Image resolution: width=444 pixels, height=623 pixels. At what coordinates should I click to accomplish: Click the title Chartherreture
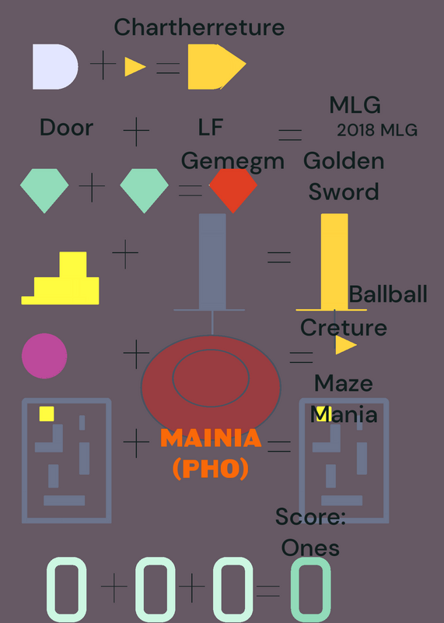pos(199,27)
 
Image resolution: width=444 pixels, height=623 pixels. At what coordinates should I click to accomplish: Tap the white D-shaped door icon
pos(55,67)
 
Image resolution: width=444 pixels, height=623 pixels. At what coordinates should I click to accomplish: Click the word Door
pos(67,128)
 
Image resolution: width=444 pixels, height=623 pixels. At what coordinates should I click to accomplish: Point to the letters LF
pos(211,127)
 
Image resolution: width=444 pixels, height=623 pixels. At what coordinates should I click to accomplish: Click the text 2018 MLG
pos(377,130)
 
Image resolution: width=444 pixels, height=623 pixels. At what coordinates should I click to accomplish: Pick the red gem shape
pos(233,191)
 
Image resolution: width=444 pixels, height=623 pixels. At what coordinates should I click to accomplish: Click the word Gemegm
pos(232,162)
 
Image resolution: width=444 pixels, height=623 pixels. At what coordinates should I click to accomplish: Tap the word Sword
pos(344,192)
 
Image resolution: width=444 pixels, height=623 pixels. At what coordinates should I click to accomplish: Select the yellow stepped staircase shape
pos(61,278)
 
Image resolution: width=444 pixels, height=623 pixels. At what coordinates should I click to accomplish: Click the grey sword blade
pos(212,262)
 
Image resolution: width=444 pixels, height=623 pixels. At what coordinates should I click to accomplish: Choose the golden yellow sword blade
pos(334,262)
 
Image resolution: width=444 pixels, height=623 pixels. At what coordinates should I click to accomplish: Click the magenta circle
pos(44,356)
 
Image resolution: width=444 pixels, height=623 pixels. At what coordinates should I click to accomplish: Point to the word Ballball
pos(388,294)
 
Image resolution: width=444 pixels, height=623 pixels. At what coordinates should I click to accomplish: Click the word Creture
pos(344,328)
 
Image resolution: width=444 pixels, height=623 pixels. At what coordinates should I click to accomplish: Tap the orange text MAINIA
pos(211,438)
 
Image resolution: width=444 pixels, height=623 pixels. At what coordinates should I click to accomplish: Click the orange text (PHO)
pos(211,469)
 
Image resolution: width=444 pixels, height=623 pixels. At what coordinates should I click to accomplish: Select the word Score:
pos(310,516)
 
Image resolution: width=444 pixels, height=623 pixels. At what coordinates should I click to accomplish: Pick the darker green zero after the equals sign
pos(311,590)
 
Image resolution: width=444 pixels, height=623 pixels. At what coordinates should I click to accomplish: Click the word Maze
pos(344,383)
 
